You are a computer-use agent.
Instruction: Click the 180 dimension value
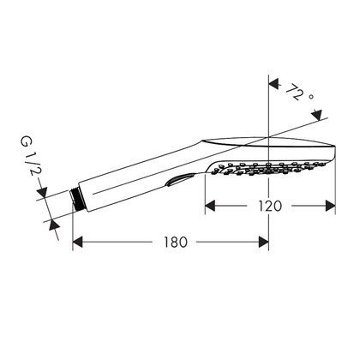pyautogui.click(x=176, y=242)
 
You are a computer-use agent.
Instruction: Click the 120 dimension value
pyautogui.click(x=270, y=206)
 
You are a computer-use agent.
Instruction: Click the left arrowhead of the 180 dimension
pyautogui.click(x=78, y=242)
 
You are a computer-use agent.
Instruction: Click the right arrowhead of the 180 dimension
pyautogui.click(x=263, y=242)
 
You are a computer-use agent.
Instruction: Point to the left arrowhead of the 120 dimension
pyautogui.click(x=210, y=206)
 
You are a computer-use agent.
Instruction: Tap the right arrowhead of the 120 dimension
pyautogui.click(x=330, y=206)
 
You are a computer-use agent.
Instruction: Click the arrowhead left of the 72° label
pyautogui.click(x=273, y=84)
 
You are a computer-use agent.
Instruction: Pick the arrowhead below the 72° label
pyautogui.click(x=317, y=114)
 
